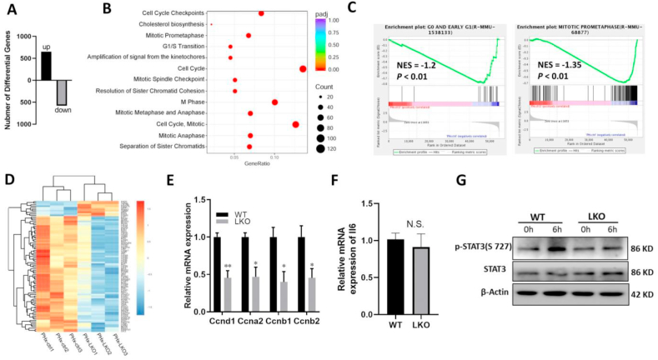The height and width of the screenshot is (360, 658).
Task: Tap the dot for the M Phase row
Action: [275, 102]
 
